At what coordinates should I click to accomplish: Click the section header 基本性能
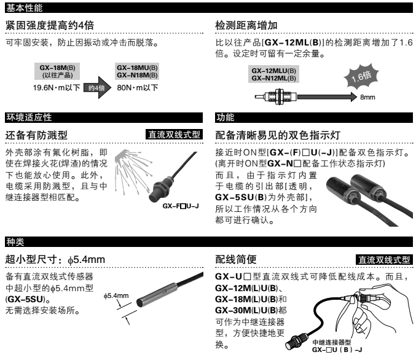pos(25,8)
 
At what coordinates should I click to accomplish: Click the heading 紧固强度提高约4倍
pos(50,25)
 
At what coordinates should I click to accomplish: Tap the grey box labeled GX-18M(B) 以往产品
pos(57,71)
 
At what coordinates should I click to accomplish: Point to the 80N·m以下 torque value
pos(138,88)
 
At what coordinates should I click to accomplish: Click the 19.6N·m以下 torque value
pos(57,88)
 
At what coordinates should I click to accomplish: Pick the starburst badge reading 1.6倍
pos(361,76)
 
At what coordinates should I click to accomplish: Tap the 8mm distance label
pos(367,97)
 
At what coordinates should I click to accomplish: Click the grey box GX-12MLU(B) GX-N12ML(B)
pos(273,74)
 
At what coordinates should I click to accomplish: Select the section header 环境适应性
pos(29,117)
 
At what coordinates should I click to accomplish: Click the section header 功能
pos(226,117)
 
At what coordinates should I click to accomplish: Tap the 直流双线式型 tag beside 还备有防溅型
pos(174,135)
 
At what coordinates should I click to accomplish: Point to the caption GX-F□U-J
pos(181,206)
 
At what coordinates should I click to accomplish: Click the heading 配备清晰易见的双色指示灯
pos(278,135)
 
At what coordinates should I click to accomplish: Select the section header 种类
pos(15,241)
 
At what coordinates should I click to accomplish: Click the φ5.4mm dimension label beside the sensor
pos(116,295)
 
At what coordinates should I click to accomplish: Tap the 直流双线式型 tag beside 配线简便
pos(384,260)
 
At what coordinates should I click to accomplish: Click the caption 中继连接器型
pos(332,342)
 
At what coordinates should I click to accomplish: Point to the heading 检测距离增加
pos(246,25)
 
